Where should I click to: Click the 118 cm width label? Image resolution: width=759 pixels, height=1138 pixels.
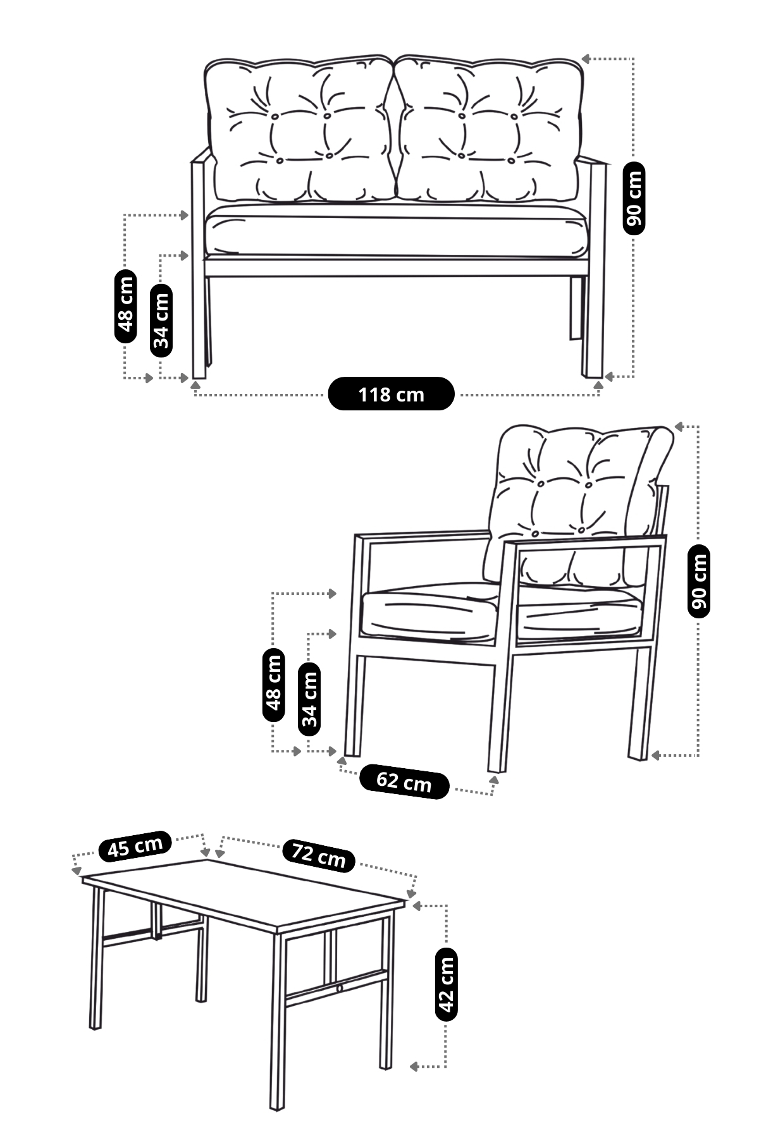pyautogui.click(x=391, y=394)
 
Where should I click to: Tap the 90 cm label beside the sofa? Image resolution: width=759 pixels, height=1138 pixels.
pyautogui.click(x=634, y=199)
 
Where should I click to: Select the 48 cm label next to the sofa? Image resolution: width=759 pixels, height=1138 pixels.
pyautogui.click(x=126, y=307)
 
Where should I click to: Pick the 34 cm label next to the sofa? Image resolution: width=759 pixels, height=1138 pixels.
pyautogui.click(x=161, y=321)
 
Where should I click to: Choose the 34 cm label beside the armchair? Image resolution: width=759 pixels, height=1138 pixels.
pyautogui.click(x=309, y=699)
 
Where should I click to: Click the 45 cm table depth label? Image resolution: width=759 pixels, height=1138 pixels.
pyautogui.click(x=135, y=847)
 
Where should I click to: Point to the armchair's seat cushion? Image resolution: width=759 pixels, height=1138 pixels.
pyautogui.click(x=430, y=613)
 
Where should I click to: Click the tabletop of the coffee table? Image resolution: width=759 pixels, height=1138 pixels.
pyautogui.click(x=244, y=891)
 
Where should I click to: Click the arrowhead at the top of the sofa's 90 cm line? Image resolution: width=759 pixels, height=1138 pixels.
pyautogui.click(x=586, y=59)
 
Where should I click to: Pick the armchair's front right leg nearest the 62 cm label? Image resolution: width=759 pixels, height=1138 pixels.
pyautogui.click(x=498, y=714)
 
